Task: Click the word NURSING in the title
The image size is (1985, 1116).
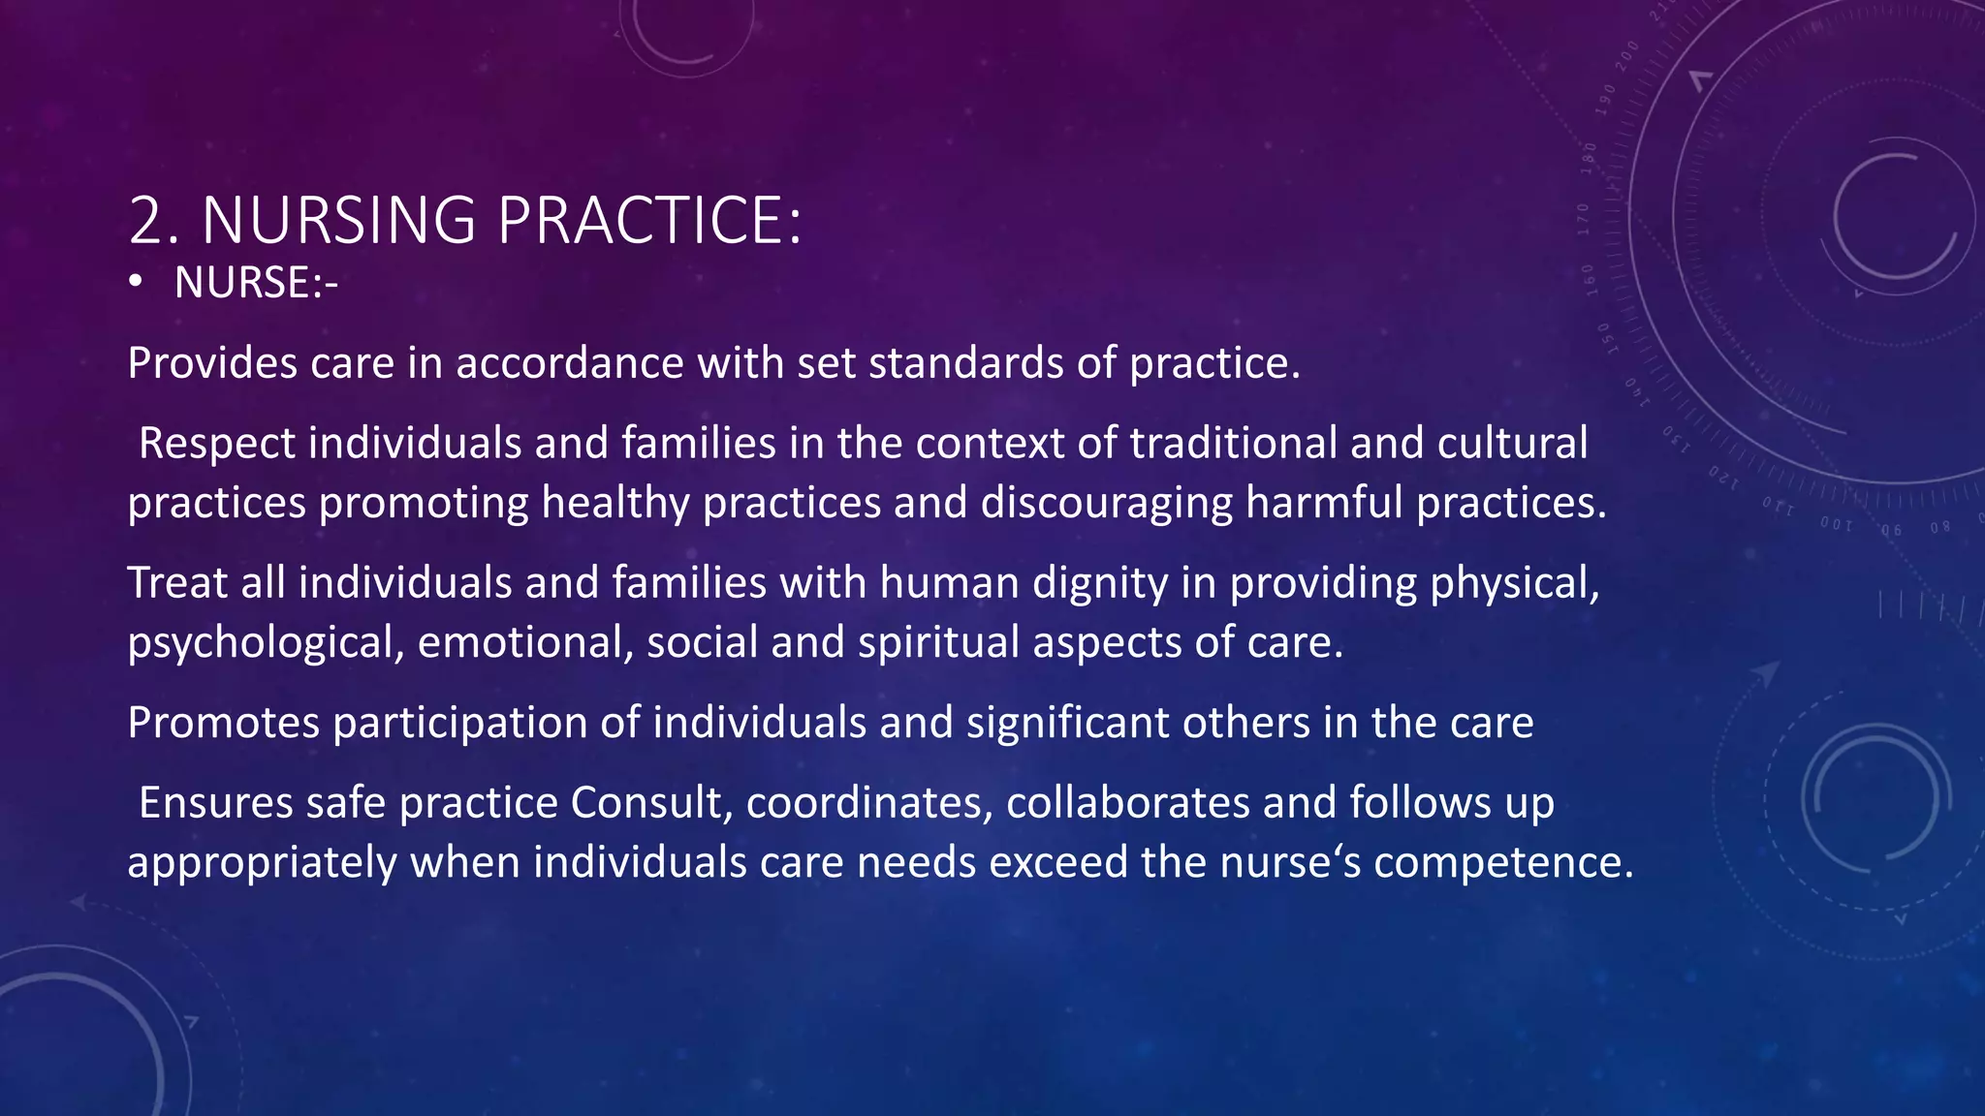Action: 338,221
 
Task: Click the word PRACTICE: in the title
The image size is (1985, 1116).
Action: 649,221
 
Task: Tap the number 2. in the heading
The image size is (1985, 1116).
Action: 154,221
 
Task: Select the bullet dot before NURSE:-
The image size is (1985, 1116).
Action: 136,283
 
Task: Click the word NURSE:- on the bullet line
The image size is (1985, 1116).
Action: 256,283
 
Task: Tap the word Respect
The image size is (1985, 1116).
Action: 217,444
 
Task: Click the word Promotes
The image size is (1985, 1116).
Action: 224,724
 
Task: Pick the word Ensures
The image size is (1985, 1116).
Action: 215,803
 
